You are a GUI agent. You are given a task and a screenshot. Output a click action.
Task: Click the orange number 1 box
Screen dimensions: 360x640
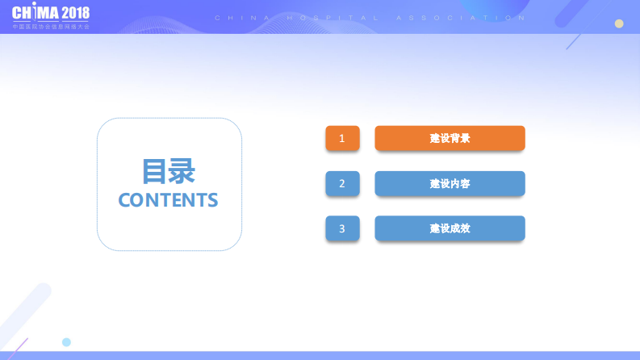(x=342, y=138)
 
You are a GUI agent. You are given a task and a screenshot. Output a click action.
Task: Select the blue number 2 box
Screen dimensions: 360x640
(x=342, y=183)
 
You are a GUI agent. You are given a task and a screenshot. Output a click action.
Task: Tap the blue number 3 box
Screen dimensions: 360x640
(x=342, y=228)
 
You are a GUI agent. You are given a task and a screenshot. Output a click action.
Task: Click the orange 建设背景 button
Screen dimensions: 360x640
(x=450, y=138)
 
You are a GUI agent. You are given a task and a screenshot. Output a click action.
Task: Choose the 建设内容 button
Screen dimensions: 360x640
(x=450, y=183)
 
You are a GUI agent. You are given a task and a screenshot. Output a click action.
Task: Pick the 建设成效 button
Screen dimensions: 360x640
(x=450, y=228)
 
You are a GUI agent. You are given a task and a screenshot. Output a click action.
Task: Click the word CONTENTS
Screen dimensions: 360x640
(x=168, y=200)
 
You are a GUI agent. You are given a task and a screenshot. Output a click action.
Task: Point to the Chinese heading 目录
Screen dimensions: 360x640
(x=168, y=171)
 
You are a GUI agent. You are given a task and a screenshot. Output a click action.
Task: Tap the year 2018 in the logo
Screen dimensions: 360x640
(x=74, y=13)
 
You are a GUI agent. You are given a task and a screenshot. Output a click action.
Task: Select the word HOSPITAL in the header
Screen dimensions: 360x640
(x=353, y=18)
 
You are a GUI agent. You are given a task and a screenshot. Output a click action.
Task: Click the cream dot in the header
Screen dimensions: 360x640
(x=619, y=23)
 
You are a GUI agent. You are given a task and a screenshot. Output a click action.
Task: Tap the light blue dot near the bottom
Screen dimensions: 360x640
(x=66, y=342)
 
